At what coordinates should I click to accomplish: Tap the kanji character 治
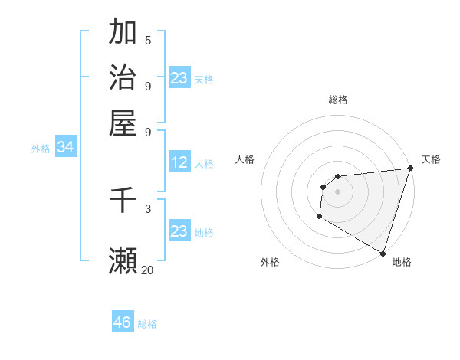click(x=123, y=77)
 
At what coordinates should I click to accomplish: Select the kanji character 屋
click(x=123, y=123)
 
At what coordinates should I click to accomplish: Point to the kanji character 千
click(x=123, y=201)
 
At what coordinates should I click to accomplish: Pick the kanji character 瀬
click(x=123, y=260)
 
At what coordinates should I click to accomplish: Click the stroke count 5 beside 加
click(x=148, y=41)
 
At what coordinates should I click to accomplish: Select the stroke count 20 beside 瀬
click(x=148, y=270)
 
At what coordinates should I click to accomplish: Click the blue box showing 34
click(x=65, y=148)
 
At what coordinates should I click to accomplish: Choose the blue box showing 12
click(x=179, y=162)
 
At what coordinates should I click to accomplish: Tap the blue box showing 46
click(x=123, y=322)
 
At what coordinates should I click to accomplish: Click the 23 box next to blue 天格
click(x=179, y=78)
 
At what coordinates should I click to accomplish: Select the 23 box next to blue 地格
click(x=179, y=231)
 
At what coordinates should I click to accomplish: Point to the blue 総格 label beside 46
click(x=147, y=324)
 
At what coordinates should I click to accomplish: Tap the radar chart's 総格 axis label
click(x=338, y=100)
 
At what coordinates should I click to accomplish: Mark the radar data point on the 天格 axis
click(x=411, y=169)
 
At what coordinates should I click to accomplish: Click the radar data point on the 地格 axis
click(x=383, y=253)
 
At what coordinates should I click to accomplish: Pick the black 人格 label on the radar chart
click(x=245, y=159)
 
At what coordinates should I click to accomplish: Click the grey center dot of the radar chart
click(x=337, y=192)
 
